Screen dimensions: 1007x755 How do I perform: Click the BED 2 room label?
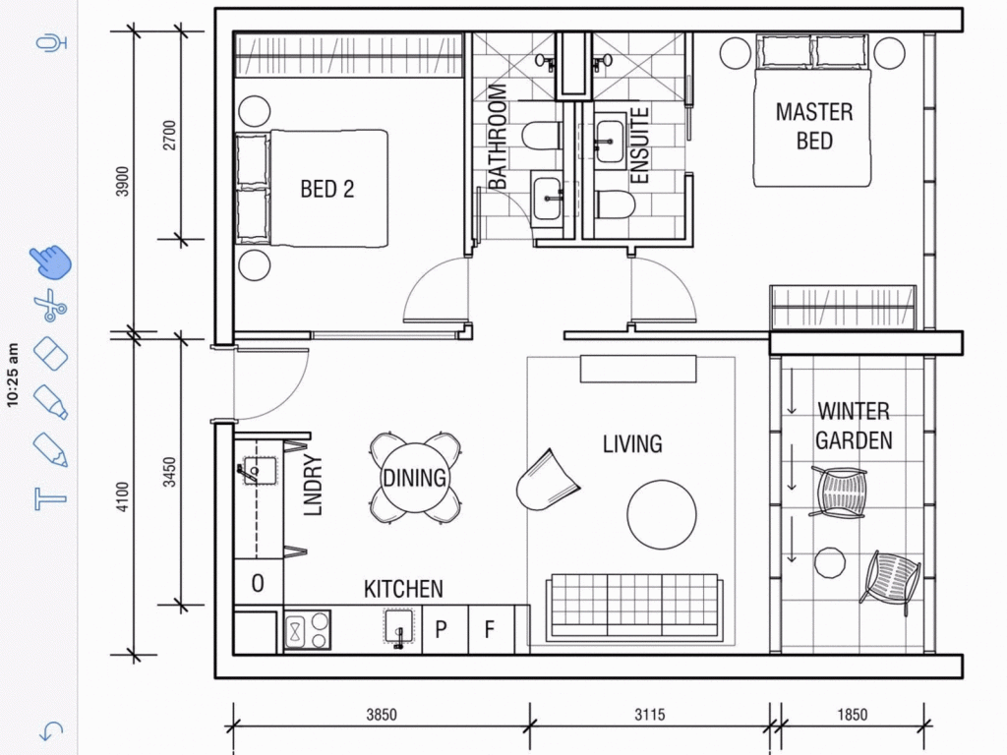click(326, 189)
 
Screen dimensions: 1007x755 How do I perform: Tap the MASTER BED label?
click(813, 126)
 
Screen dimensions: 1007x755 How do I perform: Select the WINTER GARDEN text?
click(854, 426)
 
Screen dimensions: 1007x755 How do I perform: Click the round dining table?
click(415, 478)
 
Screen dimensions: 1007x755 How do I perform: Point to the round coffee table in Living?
click(662, 515)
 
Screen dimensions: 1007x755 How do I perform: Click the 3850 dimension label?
click(382, 715)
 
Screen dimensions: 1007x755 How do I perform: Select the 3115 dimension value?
click(649, 715)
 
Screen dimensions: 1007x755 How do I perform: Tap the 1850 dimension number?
click(853, 715)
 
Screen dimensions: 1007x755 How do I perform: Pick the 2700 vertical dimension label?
click(169, 136)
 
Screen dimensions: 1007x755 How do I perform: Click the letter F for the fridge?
click(490, 630)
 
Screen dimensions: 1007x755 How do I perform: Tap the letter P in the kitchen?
click(441, 629)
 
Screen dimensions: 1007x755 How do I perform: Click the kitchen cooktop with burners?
click(308, 630)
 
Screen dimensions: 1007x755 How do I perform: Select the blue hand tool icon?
click(51, 261)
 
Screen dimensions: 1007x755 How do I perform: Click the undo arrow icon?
click(51, 730)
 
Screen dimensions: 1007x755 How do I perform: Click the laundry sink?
click(260, 471)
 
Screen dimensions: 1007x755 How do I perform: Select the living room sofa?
click(634, 607)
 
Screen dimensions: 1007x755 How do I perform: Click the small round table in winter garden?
click(830, 563)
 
